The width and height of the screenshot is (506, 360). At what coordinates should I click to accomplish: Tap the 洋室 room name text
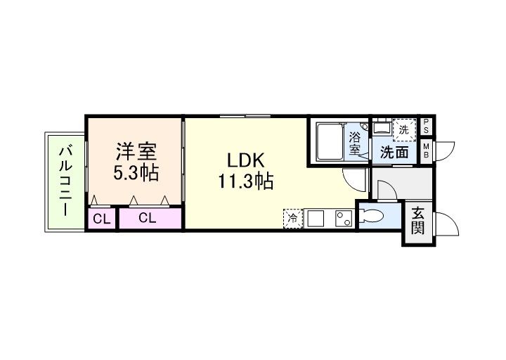point(136,151)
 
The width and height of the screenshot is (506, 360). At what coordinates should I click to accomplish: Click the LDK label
point(245,160)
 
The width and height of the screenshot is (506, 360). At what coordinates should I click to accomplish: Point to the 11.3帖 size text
point(245,182)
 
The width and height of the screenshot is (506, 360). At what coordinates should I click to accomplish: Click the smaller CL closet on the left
point(102,219)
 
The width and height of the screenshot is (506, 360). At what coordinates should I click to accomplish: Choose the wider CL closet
point(147,218)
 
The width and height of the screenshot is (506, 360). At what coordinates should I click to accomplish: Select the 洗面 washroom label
point(394,151)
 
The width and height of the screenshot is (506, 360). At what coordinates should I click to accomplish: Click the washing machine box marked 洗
point(403,129)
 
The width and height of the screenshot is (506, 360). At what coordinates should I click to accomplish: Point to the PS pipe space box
point(427,129)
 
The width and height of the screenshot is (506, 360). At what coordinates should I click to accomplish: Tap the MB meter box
point(427,150)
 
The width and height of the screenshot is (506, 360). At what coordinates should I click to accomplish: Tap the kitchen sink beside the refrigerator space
point(316,219)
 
